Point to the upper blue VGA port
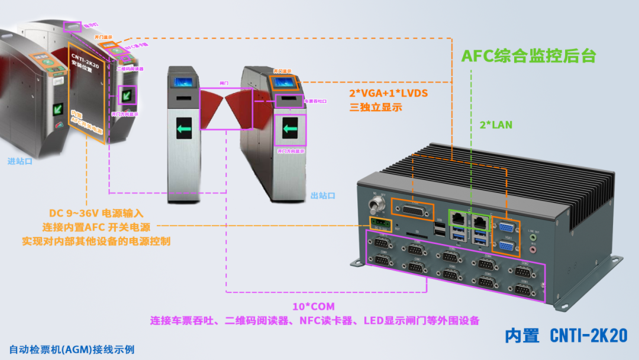[506, 227]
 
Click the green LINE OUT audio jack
[534, 237]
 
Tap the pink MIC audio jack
[534, 249]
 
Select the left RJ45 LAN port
[459, 219]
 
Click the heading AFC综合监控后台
[528, 56]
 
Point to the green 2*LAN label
[496, 125]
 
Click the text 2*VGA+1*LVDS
[389, 94]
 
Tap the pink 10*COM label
[314, 307]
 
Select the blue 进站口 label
[20, 161]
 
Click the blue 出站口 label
[322, 195]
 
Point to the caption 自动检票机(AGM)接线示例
[72, 349]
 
